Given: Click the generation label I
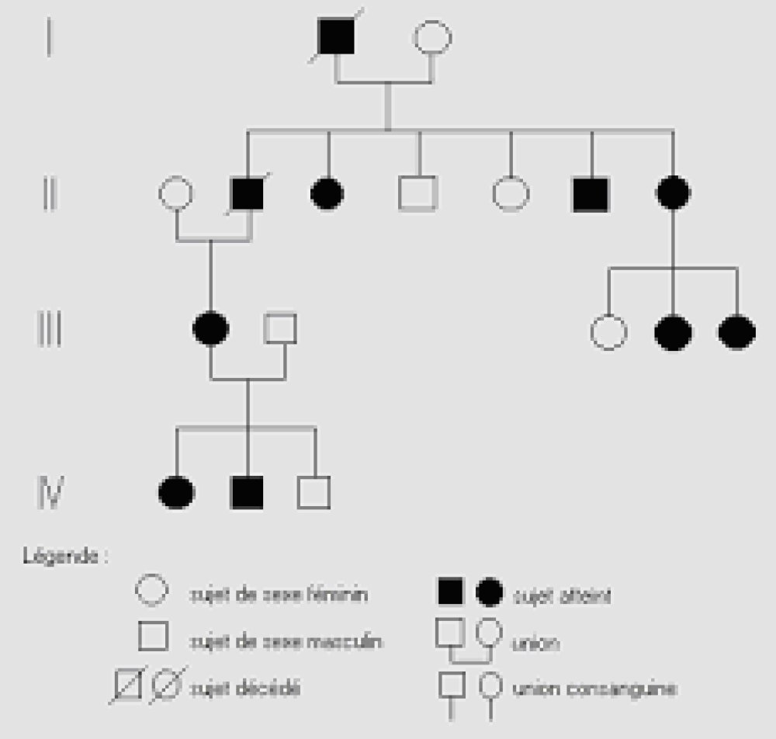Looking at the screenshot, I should [49, 38].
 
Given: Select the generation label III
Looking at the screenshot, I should [50, 330].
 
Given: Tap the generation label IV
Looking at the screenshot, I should [50, 491].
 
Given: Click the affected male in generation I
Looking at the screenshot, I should [336, 37].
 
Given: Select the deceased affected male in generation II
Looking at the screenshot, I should [248, 193].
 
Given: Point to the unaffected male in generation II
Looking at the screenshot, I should [418, 193].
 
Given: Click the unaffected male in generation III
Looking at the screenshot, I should [280, 330].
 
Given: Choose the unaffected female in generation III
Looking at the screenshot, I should [609, 332].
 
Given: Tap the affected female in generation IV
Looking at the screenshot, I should [176, 492].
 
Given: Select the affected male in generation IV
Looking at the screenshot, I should [248, 491].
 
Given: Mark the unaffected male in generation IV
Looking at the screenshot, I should [314, 491].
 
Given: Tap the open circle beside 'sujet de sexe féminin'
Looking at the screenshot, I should [152, 592].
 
